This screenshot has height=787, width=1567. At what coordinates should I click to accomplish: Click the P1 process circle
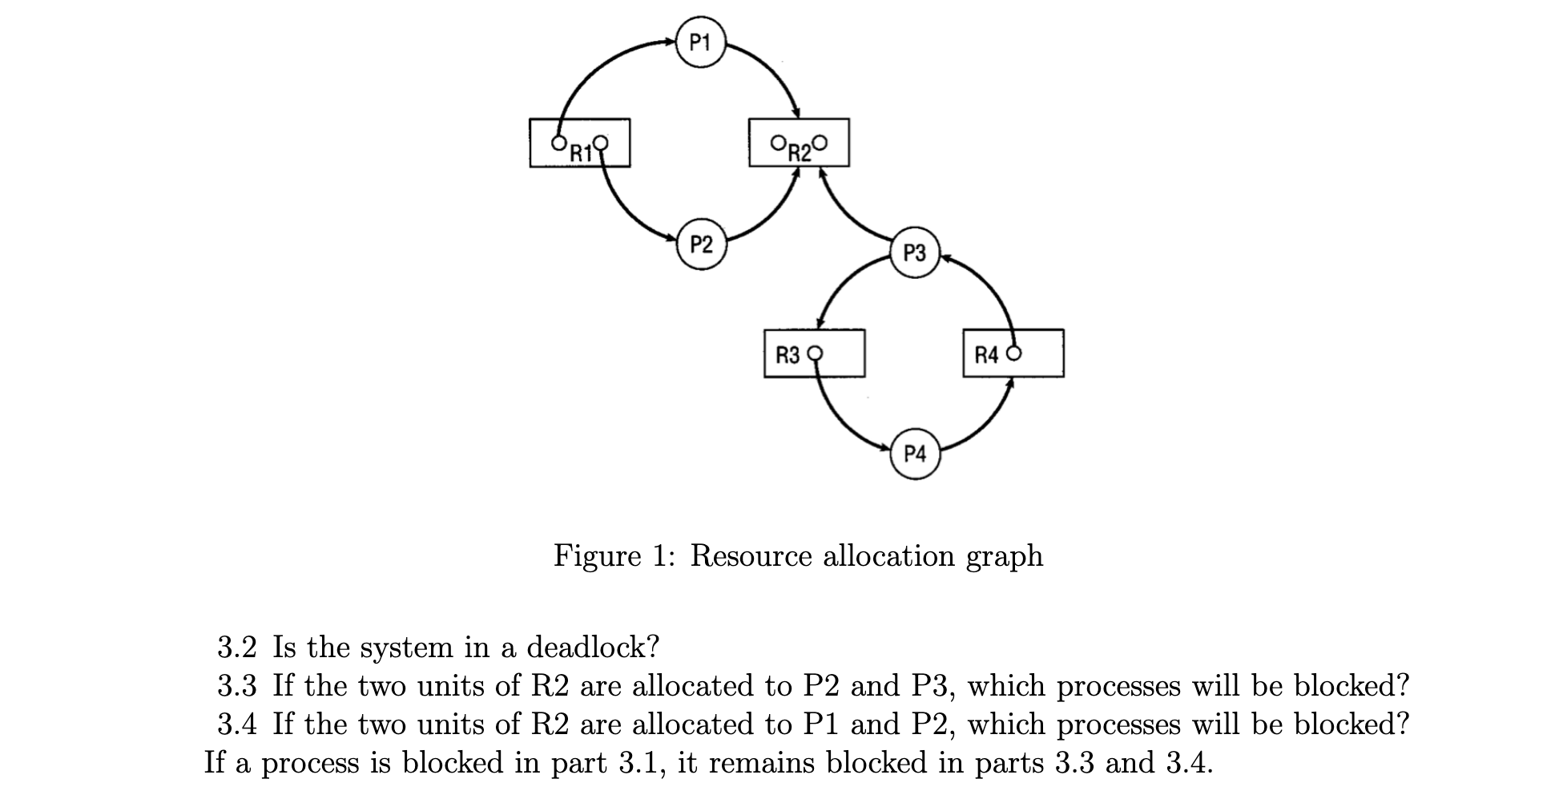[x=700, y=42]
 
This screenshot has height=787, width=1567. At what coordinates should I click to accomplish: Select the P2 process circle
[x=701, y=244]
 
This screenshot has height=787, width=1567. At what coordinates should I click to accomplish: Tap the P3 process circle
[x=914, y=253]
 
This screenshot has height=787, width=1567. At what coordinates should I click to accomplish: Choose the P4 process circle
[x=914, y=454]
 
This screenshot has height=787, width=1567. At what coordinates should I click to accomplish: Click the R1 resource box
[x=579, y=143]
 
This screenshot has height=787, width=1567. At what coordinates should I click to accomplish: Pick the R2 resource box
[x=798, y=143]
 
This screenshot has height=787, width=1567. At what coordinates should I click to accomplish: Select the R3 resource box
[x=814, y=353]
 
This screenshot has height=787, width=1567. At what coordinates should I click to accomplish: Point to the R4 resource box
[x=1013, y=353]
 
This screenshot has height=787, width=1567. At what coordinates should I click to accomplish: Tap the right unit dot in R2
[x=818, y=143]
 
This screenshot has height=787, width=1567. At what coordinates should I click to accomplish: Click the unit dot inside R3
[x=816, y=353]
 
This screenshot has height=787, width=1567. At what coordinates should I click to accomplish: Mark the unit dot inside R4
[x=1014, y=353]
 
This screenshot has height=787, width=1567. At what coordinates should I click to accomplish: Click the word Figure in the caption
[x=597, y=555]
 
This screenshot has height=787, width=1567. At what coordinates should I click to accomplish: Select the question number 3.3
[x=237, y=686]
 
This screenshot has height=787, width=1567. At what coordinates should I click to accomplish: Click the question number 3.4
[x=237, y=724]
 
